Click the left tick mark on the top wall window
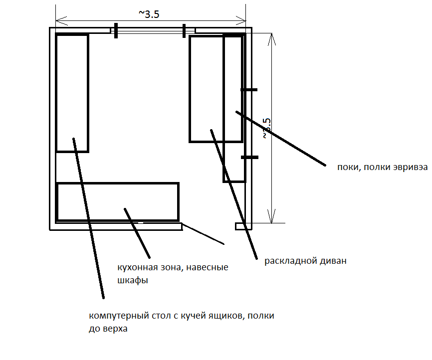pos(115,31)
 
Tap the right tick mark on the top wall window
pos(184,31)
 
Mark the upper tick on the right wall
pos(249,90)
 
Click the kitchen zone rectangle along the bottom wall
pos(118,202)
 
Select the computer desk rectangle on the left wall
pos(72,93)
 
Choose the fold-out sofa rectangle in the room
pos(206,89)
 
